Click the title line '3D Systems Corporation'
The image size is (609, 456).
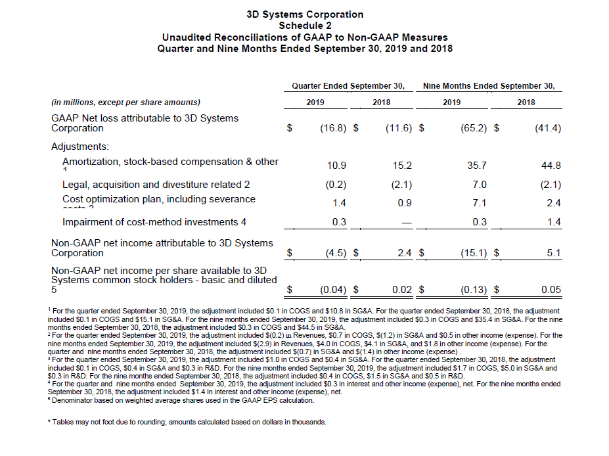click(304, 14)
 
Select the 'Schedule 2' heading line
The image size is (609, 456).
click(304, 25)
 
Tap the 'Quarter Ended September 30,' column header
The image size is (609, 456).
click(348, 86)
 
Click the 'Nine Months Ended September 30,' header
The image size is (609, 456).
click(489, 86)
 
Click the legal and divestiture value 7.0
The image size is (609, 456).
click(479, 185)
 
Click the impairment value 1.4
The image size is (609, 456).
click(554, 222)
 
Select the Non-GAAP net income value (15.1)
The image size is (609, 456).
click(474, 253)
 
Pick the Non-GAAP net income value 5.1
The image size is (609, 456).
click(554, 253)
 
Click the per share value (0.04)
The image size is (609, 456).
click(333, 289)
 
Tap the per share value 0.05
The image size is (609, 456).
click(551, 289)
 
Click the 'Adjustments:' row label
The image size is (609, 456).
click(80, 147)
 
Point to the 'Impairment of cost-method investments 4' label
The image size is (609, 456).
click(154, 222)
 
